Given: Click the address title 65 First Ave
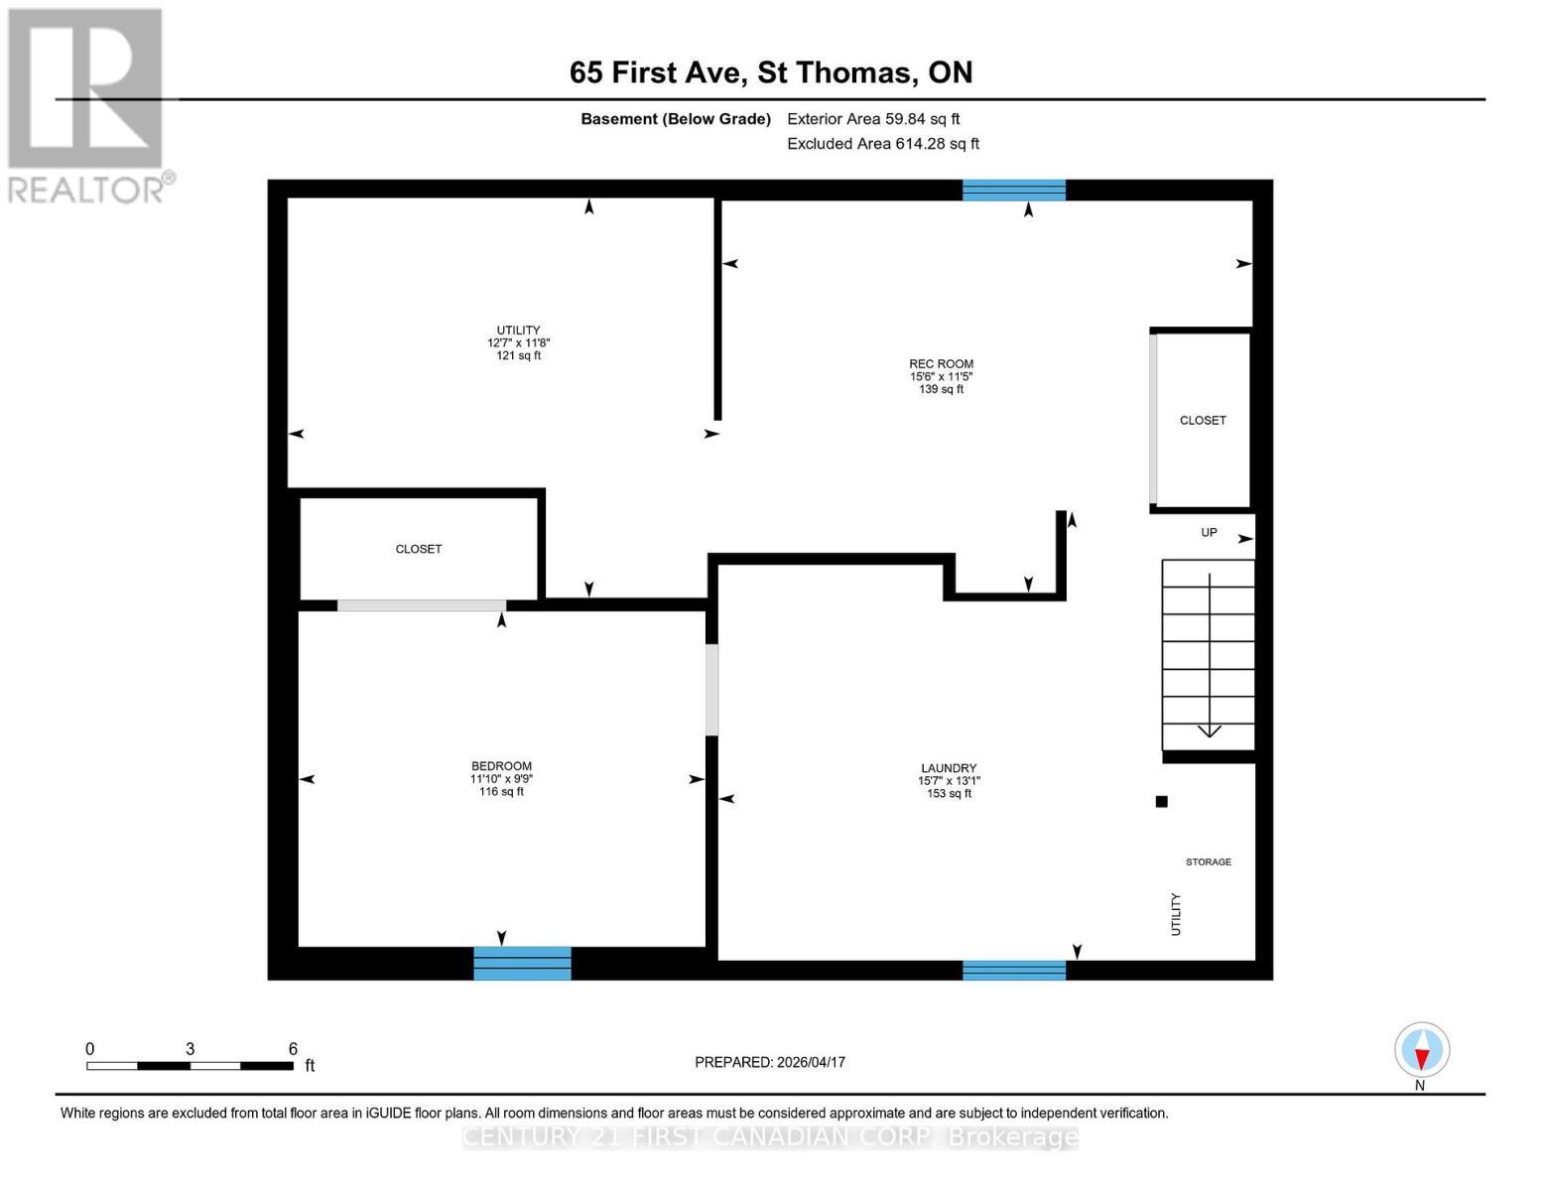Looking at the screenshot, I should (770, 72).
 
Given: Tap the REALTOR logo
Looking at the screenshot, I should (87, 105).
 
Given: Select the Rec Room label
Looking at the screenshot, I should (941, 376).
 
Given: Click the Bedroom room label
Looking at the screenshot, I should (501, 778).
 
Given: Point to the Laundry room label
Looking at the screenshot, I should (949, 780).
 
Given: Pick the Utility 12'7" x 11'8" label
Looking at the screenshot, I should (518, 342).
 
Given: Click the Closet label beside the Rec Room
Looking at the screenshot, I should (1203, 421).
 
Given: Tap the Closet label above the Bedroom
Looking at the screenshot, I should (418, 549).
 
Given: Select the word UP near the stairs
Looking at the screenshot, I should (1209, 533).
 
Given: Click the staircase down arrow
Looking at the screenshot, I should (1210, 730).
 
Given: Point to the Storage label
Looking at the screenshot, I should (1208, 861).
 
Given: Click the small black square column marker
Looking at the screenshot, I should (1161, 802).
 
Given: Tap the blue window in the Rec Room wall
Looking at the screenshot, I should (1013, 190).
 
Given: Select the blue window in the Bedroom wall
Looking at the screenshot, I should (522, 963).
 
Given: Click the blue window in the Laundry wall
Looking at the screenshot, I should (1013, 970).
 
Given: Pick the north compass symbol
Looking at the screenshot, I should (1421, 1050).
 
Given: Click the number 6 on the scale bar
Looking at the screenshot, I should (293, 1049).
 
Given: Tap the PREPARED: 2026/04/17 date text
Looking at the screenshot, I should (769, 1062).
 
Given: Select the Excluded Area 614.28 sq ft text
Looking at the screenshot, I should (882, 144).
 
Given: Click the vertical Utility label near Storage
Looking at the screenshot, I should (1176, 913).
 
